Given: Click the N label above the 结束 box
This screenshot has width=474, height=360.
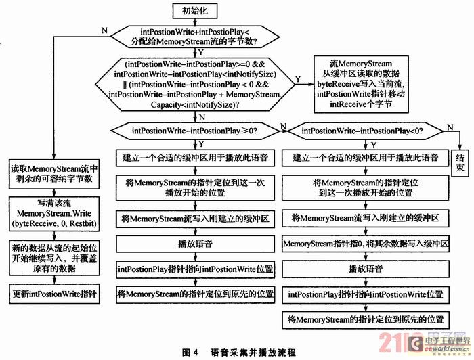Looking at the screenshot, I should (448, 127).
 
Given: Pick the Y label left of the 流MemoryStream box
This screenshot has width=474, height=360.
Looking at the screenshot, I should (299, 79).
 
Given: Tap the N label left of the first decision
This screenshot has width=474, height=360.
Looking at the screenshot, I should (102, 30).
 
